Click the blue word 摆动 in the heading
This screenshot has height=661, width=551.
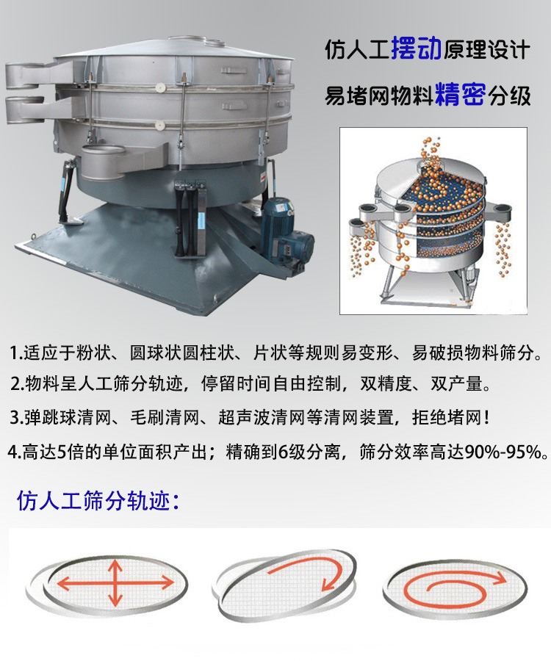[x=416, y=49]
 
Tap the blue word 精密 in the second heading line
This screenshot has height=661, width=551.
[x=461, y=95]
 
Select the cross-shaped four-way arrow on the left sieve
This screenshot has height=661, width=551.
[x=115, y=583]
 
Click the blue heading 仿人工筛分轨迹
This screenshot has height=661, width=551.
[x=98, y=500]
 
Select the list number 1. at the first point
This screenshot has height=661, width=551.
[x=16, y=353]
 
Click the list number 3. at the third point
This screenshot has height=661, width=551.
[x=17, y=418]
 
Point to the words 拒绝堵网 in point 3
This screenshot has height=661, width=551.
[x=446, y=418]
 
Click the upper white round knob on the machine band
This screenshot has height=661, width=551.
[x=159, y=88]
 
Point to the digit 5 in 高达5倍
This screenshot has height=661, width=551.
[x=61, y=452]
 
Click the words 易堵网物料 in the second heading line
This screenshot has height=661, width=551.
[x=379, y=95]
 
